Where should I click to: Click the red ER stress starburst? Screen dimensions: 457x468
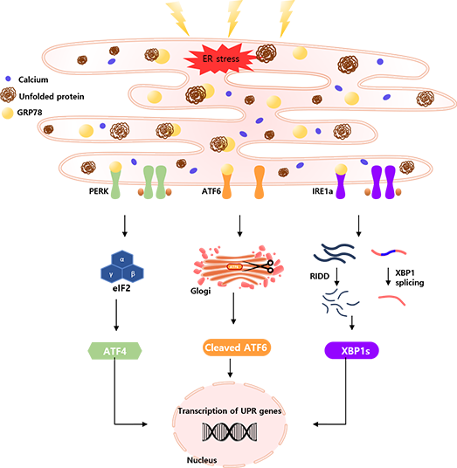(220, 58)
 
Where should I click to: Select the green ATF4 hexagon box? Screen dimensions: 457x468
(114, 351)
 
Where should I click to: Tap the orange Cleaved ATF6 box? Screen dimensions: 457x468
(237, 348)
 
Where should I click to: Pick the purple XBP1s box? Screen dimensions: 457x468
(351, 350)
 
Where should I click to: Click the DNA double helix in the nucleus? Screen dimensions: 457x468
(230, 431)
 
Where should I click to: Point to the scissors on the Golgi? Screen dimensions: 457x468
(259, 266)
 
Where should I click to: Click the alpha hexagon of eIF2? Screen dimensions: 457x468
(121, 259)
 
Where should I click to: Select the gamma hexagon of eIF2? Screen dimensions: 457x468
(111, 273)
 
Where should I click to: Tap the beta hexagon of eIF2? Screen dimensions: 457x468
(133, 273)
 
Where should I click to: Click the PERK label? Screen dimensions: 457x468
(99, 191)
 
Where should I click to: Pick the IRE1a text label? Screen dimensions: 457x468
(322, 191)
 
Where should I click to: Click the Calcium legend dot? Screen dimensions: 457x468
(8, 79)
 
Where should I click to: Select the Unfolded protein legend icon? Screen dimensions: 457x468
(9, 95)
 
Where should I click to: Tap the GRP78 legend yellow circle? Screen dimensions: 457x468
(8, 114)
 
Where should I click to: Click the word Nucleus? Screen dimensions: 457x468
(202, 460)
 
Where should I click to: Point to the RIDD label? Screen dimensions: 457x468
(319, 276)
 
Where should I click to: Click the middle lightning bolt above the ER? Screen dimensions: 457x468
(234, 17)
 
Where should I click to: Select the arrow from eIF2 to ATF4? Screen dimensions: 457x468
(116, 315)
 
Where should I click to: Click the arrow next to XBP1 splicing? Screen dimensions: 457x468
(388, 277)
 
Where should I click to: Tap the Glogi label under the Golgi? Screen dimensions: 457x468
(200, 291)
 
